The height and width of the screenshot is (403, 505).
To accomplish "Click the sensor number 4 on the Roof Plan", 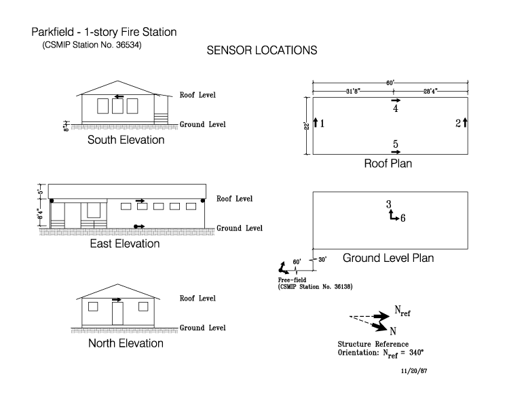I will (395, 109).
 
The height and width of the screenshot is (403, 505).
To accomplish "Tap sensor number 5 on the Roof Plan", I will (395, 143).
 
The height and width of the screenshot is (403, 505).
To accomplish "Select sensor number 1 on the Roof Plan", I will (322, 123).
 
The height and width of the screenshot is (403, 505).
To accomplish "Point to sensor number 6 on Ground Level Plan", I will (403, 218).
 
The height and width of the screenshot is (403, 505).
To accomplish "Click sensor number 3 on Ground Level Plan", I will (388, 204).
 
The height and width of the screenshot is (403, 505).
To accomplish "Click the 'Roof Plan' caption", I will (388, 164).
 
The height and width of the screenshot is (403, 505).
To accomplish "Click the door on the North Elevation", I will (117, 313).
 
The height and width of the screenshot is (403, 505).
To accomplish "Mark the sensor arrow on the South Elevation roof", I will (119, 96).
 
